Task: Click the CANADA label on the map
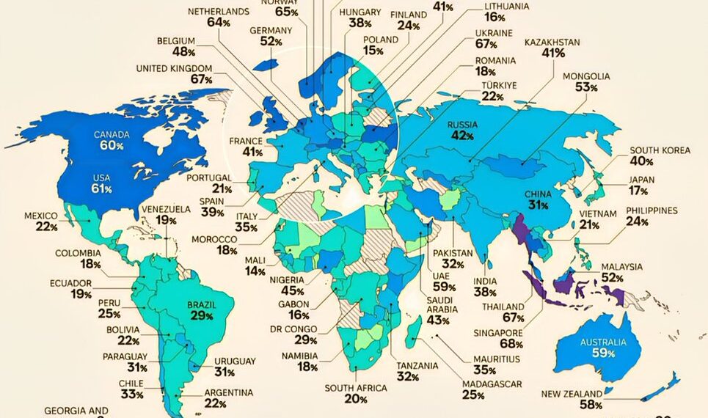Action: [x=111, y=135]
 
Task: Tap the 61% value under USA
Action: [x=102, y=190]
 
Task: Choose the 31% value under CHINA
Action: [x=536, y=206]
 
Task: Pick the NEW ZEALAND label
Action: [x=572, y=394]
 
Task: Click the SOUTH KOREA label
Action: [x=660, y=150]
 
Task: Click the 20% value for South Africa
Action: [x=356, y=399]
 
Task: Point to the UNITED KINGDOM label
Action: [x=174, y=69]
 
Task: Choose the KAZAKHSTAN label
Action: [x=552, y=43]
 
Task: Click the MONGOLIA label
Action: [x=585, y=76]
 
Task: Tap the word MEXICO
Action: [x=40, y=216]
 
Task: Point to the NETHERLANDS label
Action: [x=218, y=12]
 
